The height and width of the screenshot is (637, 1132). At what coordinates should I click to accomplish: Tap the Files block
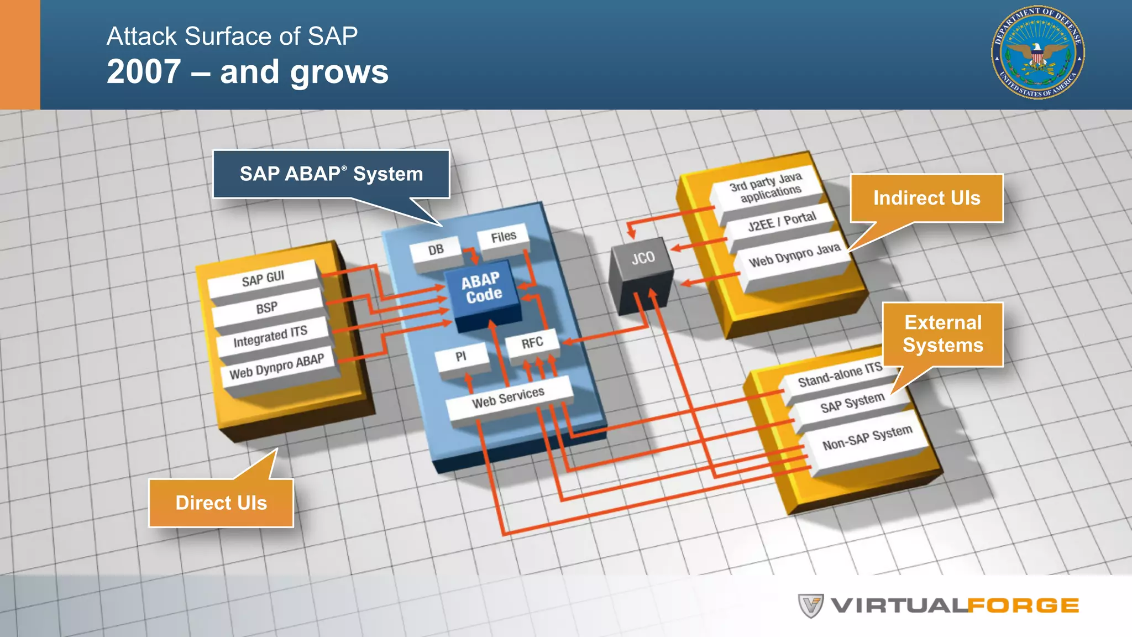click(x=503, y=237)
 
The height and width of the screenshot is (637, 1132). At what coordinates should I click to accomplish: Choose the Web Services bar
click(x=508, y=397)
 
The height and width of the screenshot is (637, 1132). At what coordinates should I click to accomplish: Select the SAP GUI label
click(x=263, y=278)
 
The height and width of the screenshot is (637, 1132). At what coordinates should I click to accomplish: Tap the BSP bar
click(x=267, y=308)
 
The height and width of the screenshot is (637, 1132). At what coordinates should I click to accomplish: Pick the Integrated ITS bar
click(x=270, y=336)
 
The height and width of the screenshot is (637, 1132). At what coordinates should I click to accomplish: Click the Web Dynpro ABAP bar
click(x=277, y=366)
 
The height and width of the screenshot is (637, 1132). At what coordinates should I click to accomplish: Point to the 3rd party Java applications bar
click(x=766, y=187)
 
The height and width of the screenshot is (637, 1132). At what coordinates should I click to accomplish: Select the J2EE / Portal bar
click(x=782, y=221)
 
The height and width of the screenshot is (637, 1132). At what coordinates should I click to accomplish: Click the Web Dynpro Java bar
click(x=794, y=255)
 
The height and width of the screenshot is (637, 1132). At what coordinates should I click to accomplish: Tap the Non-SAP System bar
click(x=867, y=437)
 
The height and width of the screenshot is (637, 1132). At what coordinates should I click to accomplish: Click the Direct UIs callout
click(x=221, y=503)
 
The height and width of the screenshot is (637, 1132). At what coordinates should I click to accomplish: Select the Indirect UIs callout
click(x=926, y=198)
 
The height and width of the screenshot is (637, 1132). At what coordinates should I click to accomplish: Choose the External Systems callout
click(x=943, y=333)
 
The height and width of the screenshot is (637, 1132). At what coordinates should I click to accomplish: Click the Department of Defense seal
click(x=1037, y=53)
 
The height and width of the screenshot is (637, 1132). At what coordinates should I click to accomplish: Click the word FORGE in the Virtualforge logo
click(x=1023, y=605)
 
